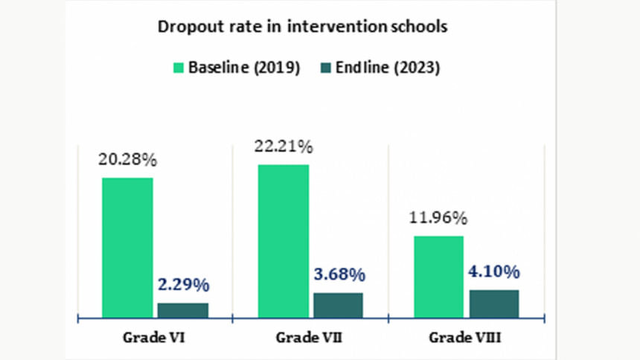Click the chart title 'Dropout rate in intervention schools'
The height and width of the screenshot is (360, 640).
click(x=301, y=28)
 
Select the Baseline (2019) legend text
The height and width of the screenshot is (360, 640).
click(x=243, y=68)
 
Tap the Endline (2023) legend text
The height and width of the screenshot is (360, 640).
click(x=388, y=68)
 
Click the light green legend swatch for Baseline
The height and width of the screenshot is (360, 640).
click(x=179, y=68)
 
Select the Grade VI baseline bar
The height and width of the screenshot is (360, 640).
click(x=127, y=248)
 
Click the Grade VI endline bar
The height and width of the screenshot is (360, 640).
click(x=183, y=310)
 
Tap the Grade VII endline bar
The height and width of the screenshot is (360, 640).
click(x=339, y=305)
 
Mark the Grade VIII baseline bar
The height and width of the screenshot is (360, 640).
click(x=438, y=277)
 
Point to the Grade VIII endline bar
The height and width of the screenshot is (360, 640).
click(x=494, y=303)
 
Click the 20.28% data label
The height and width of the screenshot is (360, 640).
click(x=127, y=159)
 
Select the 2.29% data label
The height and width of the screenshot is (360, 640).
click(x=183, y=284)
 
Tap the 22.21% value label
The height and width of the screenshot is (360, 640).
click(x=283, y=147)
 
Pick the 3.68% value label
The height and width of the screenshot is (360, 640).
click(x=339, y=274)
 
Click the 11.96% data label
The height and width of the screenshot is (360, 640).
click(x=438, y=218)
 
